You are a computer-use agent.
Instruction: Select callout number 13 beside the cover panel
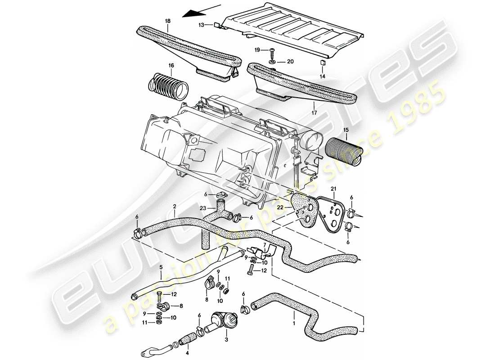(x=202, y=25)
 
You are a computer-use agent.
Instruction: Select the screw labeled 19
(x=274, y=50)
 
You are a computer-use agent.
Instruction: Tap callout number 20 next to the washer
(x=290, y=61)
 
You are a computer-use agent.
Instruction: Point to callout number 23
(x=202, y=208)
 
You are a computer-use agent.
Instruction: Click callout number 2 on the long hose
(x=174, y=207)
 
